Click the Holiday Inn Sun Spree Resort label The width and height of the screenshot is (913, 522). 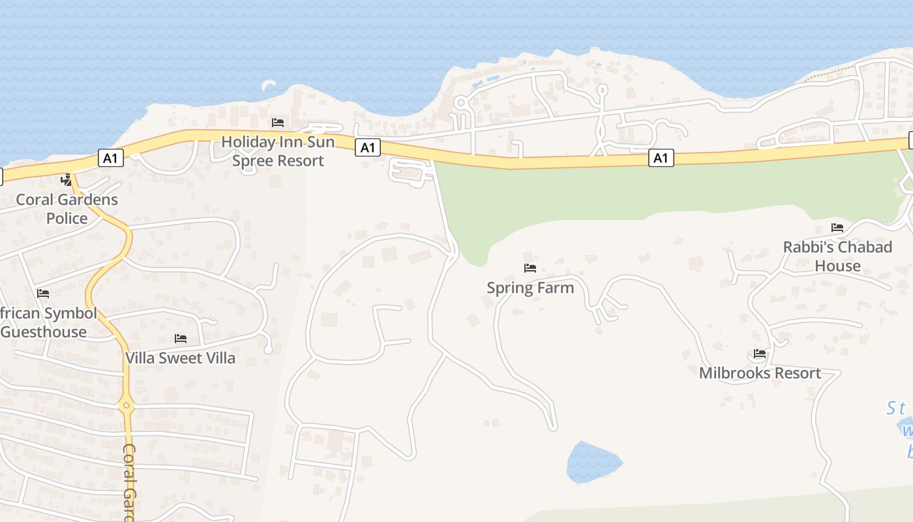278,151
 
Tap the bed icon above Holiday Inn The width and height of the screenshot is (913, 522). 278,123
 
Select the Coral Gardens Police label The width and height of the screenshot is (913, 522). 67,209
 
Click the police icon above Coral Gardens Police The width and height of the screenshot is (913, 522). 66,179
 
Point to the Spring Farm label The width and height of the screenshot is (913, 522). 530,288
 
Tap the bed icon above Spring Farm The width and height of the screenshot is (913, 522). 530,268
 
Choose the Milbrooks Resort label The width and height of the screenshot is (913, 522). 760,373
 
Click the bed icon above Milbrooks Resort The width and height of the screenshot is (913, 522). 760,354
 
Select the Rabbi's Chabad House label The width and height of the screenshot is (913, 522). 837,256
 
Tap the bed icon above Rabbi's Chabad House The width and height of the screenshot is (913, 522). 837,228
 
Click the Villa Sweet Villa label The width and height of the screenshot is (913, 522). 181,358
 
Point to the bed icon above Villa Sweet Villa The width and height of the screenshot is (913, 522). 181,339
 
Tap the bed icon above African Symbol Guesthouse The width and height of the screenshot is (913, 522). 43,294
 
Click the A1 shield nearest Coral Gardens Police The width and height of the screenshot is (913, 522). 110,157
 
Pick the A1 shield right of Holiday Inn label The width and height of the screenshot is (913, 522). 368,148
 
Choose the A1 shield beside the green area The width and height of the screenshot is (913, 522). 661,158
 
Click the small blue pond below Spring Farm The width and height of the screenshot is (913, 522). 592,463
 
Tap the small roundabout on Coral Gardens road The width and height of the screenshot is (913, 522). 127,406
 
